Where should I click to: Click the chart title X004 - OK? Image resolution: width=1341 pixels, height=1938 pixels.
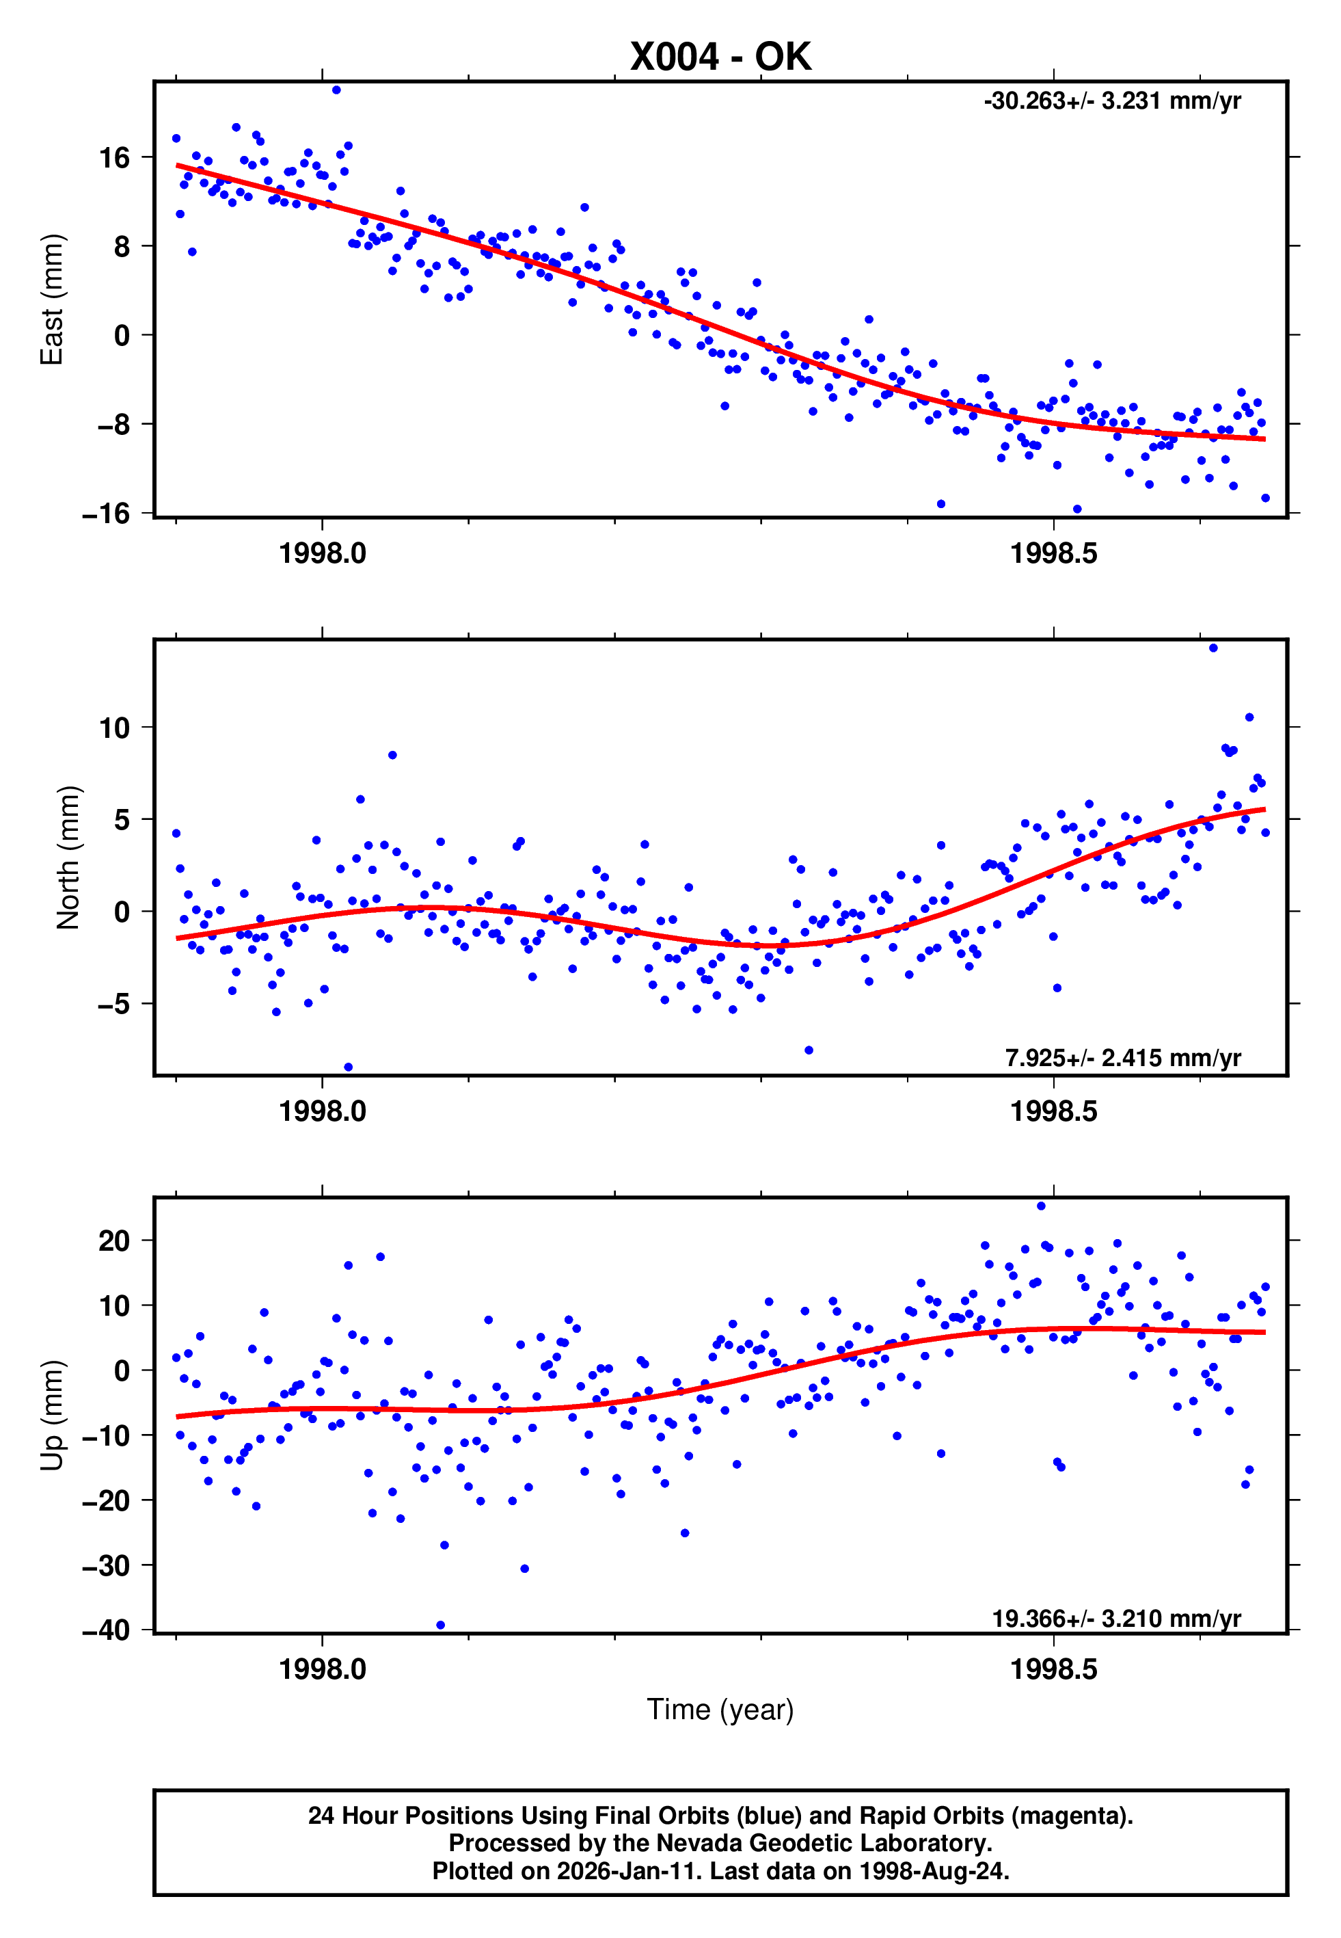[720, 57]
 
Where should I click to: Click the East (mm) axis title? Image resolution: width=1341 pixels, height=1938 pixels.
[52, 300]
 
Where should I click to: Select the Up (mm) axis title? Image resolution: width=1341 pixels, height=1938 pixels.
[52, 1416]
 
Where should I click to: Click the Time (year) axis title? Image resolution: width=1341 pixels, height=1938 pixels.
[720, 1710]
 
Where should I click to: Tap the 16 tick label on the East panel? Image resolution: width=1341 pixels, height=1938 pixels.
[114, 157]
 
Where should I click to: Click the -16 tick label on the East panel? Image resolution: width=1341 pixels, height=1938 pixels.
[107, 514]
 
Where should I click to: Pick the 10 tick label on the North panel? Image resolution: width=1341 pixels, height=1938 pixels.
[114, 728]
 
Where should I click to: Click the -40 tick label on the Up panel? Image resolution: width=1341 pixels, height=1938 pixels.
[107, 1630]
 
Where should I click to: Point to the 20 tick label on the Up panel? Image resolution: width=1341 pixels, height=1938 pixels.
[114, 1240]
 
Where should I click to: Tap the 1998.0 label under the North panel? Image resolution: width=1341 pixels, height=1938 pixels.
[323, 1111]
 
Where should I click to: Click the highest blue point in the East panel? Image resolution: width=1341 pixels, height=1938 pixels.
[336, 90]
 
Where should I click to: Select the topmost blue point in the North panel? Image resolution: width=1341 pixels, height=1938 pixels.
[1213, 648]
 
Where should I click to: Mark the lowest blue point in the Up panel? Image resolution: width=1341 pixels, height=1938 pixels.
[440, 1625]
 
